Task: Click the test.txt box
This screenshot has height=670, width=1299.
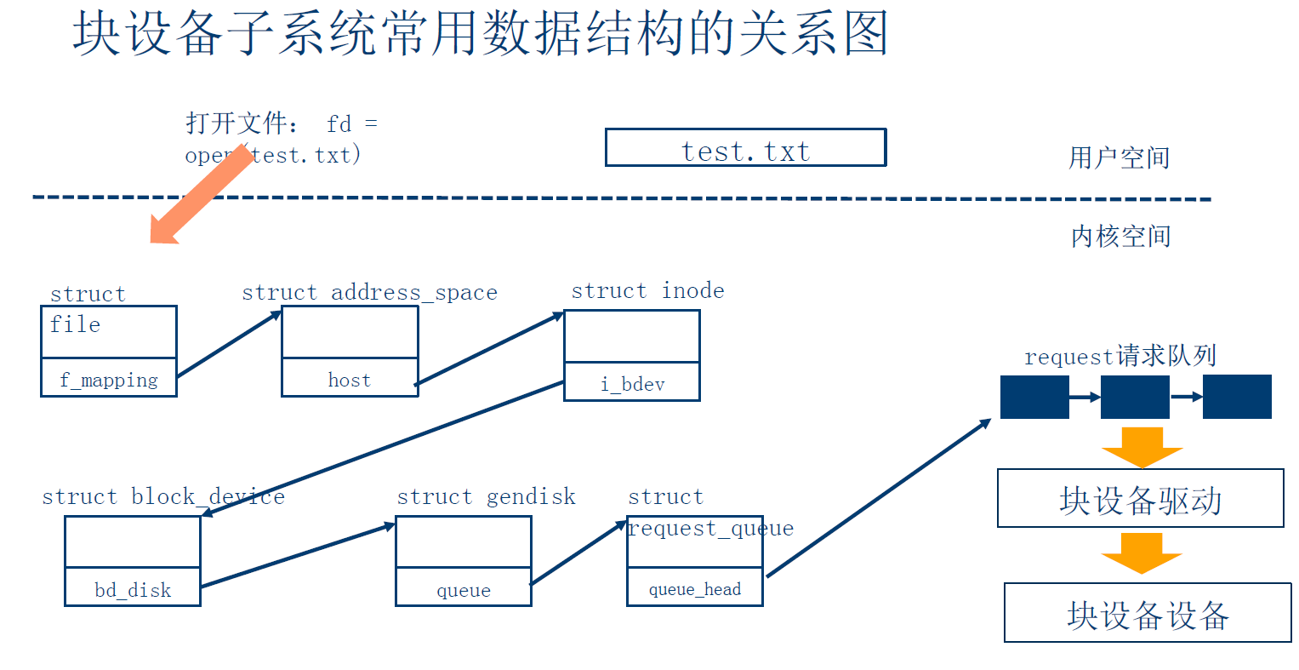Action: pos(745,148)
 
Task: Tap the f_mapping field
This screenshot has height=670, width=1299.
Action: pos(109,378)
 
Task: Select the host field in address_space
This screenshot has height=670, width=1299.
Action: pos(350,378)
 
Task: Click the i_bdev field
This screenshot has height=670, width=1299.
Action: pos(632,382)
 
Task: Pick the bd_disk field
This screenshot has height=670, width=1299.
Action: pos(133,587)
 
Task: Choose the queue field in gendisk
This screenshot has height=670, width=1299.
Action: pos(464,587)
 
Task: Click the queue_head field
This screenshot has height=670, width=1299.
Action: pos(695,587)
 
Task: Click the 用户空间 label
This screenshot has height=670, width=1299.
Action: pos(1119,157)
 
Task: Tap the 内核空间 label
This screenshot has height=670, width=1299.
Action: pos(1120,236)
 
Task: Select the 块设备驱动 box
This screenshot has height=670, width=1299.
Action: pos(1140,499)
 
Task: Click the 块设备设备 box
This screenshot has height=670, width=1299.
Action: pos(1148,613)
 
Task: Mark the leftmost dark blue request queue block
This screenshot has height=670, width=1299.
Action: pos(1034,397)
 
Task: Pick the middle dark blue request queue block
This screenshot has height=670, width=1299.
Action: pos(1135,397)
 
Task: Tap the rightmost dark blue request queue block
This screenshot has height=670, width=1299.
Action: pos(1237,397)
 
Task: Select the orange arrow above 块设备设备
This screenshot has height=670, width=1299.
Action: pos(1142,553)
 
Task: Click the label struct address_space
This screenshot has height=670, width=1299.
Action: pos(369,292)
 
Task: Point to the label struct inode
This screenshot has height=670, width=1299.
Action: pos(647,290)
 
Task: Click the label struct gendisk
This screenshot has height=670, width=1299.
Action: pos(486,496)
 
